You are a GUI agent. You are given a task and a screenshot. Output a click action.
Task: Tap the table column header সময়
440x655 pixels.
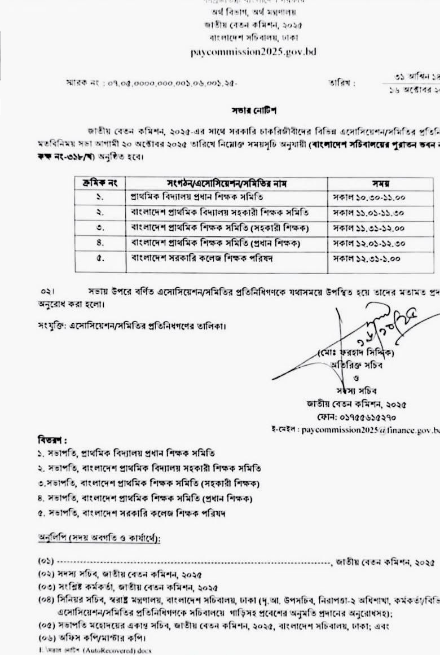tap(381, 183)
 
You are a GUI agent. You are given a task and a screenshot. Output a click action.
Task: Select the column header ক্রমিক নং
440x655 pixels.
tap(100, 183)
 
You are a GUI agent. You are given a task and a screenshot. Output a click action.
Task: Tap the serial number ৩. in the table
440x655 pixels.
tap(99, 228)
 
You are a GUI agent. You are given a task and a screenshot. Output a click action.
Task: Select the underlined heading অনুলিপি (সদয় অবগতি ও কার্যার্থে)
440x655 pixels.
tap(99, 539)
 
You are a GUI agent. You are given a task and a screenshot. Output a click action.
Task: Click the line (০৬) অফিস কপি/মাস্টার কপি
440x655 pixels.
tap(91, 638)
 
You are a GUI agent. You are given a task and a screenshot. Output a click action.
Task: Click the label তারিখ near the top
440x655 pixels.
tap(342, 83)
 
